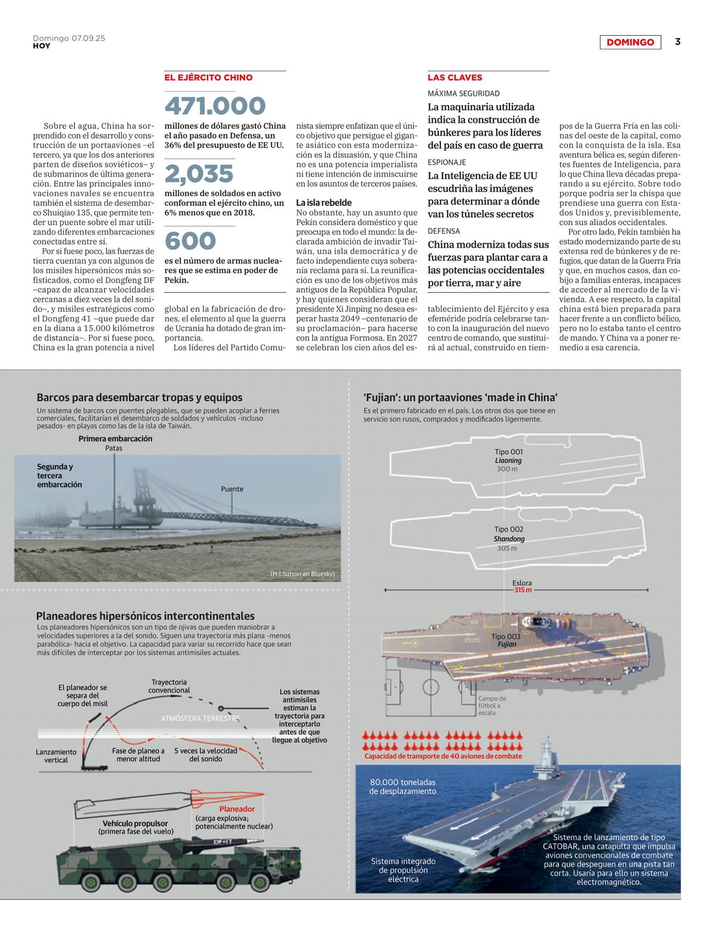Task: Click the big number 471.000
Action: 215,106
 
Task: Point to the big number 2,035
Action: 199,173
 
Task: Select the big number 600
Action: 190,240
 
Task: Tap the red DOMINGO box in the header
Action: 630,42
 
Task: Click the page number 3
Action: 677,42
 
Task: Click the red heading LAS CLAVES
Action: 455,77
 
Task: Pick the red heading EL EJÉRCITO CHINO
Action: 208,77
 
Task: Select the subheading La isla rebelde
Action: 324,202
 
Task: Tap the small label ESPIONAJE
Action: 447,162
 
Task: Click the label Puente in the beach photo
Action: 232,489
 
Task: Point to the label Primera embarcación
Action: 115,438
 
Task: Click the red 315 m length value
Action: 522,590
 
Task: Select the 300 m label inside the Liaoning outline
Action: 507,469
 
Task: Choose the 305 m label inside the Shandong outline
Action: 507,548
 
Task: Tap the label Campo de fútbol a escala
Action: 492,706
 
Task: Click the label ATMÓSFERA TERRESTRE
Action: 200,718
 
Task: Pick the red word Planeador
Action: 237,809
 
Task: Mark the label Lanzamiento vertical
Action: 57,756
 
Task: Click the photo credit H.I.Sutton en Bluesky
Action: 302,574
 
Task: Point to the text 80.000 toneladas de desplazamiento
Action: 402,786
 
